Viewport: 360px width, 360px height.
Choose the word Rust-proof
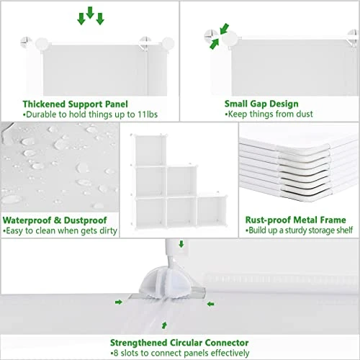[x=266, y=220]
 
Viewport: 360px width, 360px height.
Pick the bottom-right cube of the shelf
[x=212, y=212]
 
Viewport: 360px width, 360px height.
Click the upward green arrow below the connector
[x=167, y=325]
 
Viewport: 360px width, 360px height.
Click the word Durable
[x=40, y=114]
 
